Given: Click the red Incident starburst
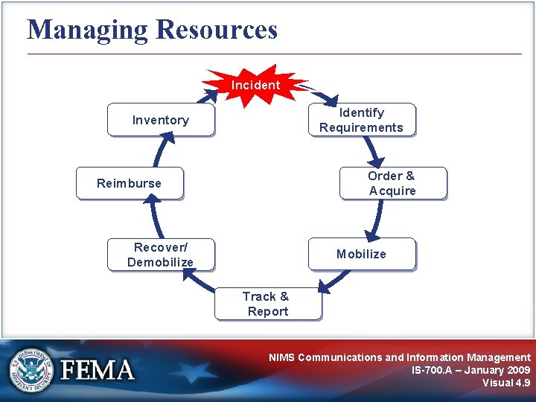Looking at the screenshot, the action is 255,84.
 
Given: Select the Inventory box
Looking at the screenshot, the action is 161,120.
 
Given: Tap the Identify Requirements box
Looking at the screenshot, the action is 362,120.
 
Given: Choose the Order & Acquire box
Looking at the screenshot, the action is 392,183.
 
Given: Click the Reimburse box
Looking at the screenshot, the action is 129,183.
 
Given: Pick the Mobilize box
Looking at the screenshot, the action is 362,254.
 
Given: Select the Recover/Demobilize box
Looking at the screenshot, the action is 161,254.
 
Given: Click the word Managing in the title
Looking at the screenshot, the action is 87,30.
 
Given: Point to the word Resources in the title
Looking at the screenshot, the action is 217,30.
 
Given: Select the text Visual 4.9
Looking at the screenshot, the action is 506,383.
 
